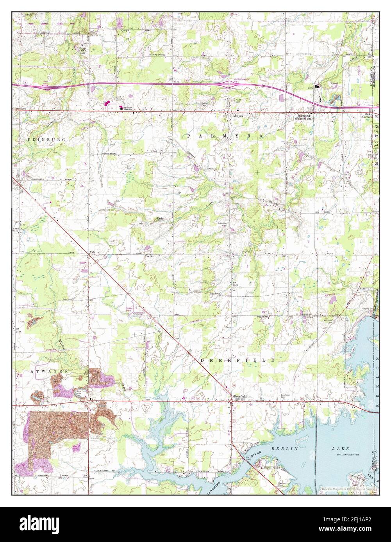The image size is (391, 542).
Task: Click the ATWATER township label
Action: (50, 371)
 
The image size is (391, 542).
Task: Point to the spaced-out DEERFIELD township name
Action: (237, 361)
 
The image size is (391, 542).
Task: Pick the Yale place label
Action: (92, 252)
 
